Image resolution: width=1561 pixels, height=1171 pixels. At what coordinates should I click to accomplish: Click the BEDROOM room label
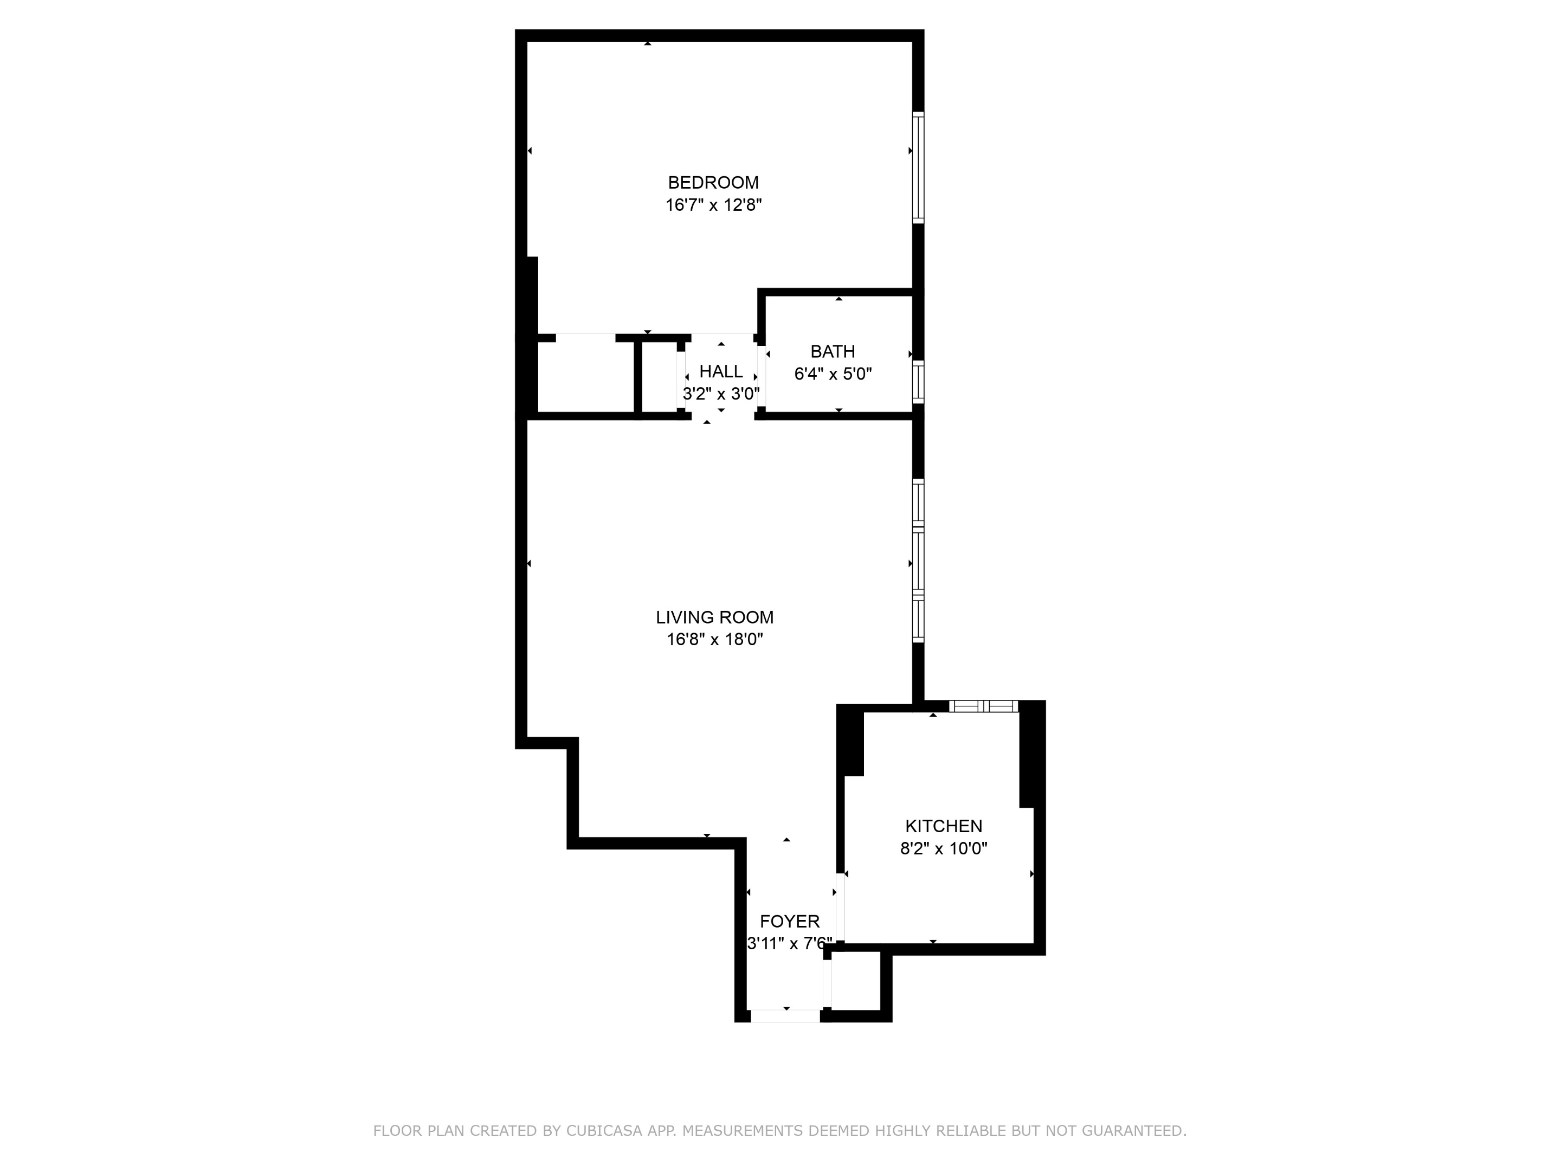pos(713,183)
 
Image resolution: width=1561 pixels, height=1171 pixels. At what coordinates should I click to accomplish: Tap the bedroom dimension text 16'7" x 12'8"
pos(713,205)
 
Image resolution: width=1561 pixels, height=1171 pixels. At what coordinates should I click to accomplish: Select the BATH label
pos(833,351)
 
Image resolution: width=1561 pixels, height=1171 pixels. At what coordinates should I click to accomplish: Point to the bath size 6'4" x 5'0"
pos(833,374)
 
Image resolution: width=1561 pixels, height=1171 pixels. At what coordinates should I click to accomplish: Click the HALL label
pos(720,371)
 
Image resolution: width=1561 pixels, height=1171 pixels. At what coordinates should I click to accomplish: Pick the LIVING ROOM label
pos(714,617)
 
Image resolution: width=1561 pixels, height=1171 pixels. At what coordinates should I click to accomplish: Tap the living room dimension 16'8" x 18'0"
pos(715,640)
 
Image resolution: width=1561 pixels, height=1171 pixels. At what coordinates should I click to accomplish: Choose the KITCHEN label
pos(944,826)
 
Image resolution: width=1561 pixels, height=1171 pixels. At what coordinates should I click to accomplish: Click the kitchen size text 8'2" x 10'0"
pos(944,848)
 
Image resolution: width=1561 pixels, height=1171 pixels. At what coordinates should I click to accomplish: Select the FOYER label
pos(790,921)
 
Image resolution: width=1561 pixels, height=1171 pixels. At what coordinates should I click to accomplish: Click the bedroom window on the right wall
pos(918,168)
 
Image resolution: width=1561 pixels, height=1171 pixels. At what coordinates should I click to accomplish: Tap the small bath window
pos(918,382)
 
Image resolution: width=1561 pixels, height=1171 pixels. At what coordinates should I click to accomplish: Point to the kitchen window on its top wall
pos(983,706)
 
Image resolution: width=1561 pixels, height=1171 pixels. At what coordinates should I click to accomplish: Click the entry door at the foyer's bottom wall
pos(785,1016)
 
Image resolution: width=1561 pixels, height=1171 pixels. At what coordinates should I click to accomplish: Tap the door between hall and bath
pos(762,376)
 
